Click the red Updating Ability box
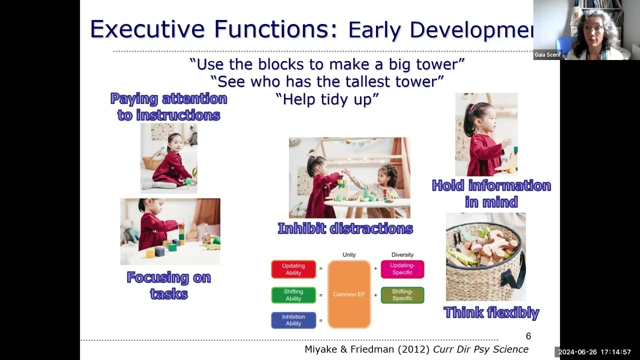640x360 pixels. (293, 269)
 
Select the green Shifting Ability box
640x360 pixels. (293, 295)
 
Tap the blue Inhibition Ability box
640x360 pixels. (293, 320)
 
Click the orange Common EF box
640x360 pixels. (349, 294)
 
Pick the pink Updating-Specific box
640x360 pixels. (402, 269)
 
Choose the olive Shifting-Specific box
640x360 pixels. (402, 295)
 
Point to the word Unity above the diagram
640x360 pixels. (349, 254)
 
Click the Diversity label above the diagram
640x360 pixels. (402, 254)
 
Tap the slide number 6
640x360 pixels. (528, 336)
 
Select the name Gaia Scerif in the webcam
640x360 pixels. (547, 54)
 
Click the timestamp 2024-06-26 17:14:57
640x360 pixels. (594, 352)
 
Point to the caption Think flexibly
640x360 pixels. (491, 312)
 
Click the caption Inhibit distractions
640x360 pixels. (345, 228)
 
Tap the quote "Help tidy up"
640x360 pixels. (327, 99)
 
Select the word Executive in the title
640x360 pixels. (147, 29)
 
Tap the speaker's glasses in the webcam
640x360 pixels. (593, 28)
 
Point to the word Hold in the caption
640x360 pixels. (447, 185)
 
